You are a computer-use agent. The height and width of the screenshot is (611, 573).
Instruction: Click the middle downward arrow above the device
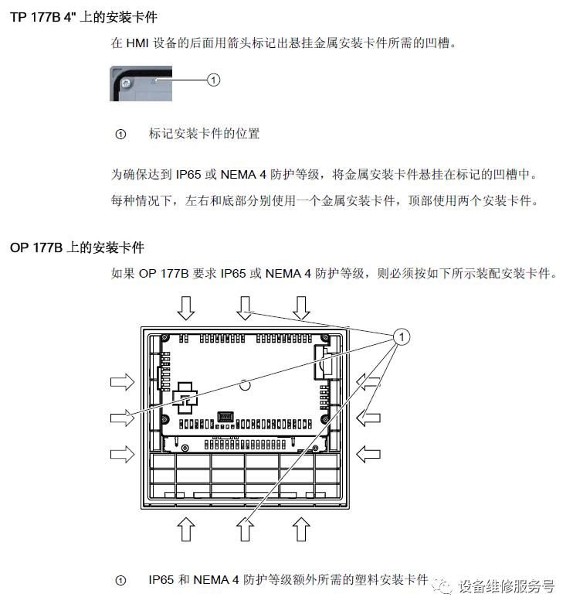click(245, 307)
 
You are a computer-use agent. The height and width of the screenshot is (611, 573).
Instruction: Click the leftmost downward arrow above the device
click(186, 307)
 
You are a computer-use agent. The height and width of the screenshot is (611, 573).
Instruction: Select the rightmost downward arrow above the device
click(302, 307)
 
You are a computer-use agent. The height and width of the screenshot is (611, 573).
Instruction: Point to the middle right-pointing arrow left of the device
click(122, 418)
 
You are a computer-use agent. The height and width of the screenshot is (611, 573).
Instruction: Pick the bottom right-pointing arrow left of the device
click(122, 454)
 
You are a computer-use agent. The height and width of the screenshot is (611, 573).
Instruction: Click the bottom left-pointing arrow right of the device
click(369, 454)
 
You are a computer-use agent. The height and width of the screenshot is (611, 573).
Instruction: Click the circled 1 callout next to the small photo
click(215, 79)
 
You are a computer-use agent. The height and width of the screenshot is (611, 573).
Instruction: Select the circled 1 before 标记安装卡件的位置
click(120, 135)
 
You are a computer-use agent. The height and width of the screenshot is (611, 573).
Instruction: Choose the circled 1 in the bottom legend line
click(120, 580)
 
